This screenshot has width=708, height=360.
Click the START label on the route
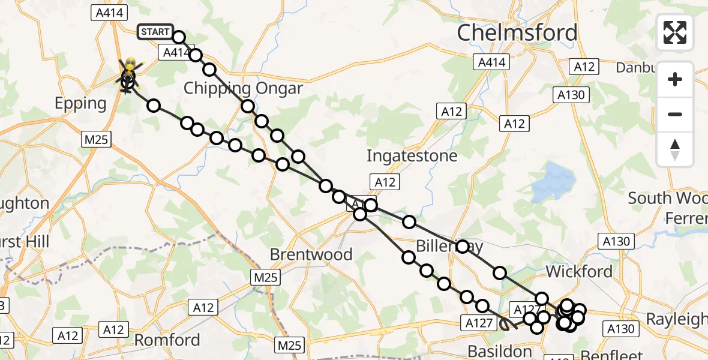(155, 32)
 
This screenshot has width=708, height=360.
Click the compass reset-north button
(675, 149)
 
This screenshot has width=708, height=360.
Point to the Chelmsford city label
(517, 33)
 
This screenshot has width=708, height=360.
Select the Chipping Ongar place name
(243, 88)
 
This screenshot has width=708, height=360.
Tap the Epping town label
(80, 103)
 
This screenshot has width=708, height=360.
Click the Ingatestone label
(412, 156)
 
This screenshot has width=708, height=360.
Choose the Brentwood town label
(311, 254)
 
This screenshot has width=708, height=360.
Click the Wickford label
(579, 272)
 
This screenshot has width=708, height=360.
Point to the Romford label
(167, 340)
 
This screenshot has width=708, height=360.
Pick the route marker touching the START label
(179, 37)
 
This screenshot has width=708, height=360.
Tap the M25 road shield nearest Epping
(96, 139)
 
